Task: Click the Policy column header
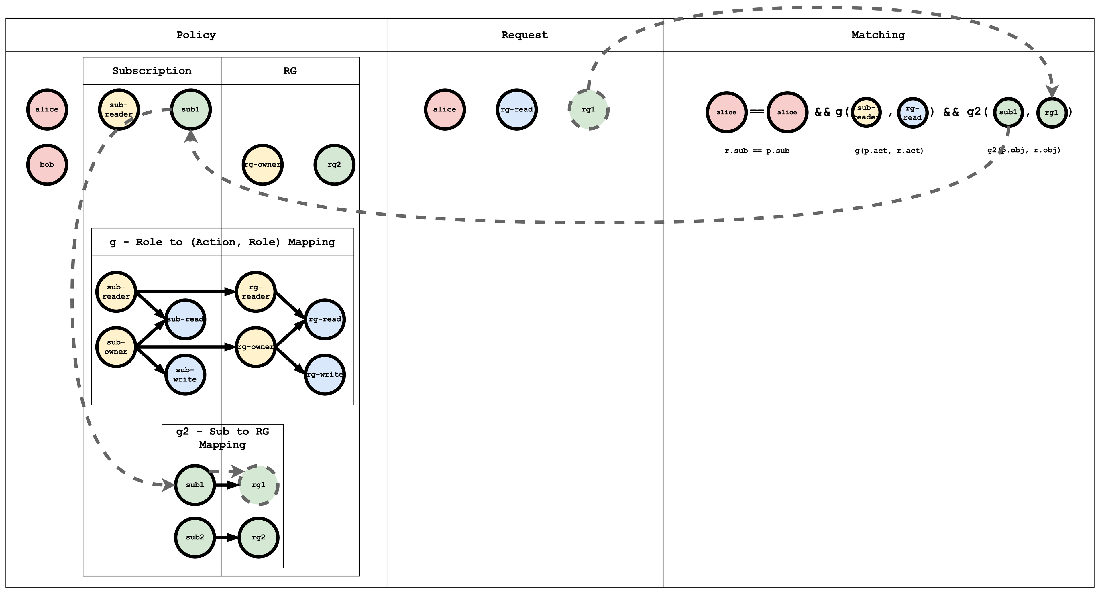(196, 35)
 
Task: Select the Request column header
(525, 35)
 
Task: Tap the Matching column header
(878, 35)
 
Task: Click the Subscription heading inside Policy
(152, 71)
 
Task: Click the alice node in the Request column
(445, 110)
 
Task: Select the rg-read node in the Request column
(517, 110)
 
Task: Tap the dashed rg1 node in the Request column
(588, 110)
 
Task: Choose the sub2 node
(195, 537)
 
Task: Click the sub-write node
(185, 375)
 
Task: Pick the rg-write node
(325, 375)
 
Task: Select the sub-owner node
(116, 347)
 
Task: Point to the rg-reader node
(255, 291)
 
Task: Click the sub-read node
(185, 319)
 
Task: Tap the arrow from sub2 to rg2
(226, 537)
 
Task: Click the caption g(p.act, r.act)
(889, 151)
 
